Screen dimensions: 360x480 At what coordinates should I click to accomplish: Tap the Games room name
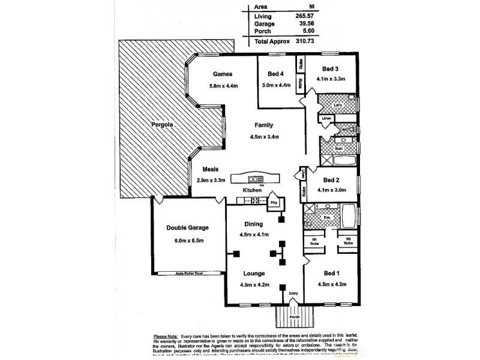point(222,74)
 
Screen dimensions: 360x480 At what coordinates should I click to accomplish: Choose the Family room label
point(264,125)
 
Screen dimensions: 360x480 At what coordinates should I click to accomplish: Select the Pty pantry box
point(274,202)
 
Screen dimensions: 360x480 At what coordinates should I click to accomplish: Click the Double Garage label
point(187,228)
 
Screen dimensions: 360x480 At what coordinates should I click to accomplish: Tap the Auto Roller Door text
point(189,272)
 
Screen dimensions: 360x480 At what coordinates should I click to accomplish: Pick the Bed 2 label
point(332,179)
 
